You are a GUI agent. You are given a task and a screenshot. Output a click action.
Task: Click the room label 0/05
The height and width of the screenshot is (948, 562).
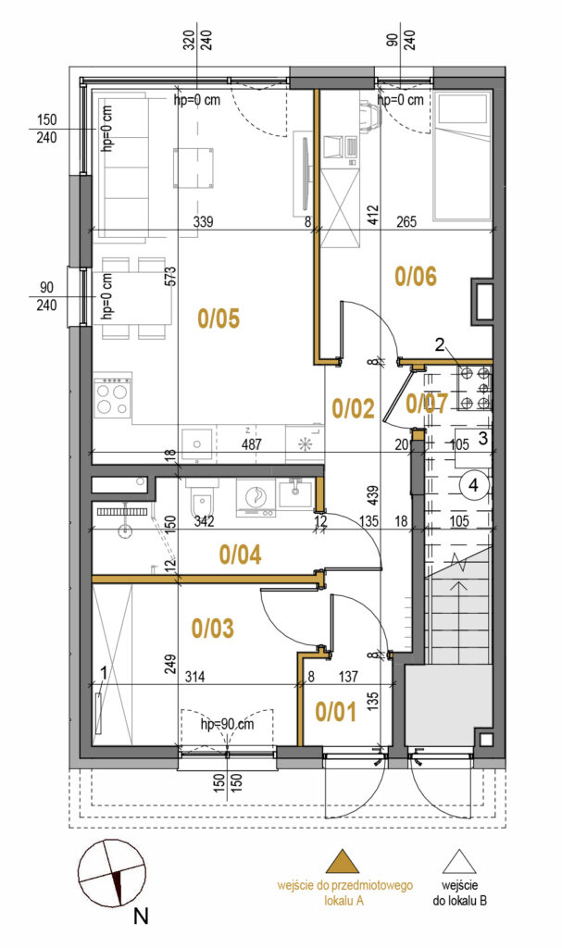click(219, 318)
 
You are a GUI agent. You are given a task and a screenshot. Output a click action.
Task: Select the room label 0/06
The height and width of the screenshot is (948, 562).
click(415, 277)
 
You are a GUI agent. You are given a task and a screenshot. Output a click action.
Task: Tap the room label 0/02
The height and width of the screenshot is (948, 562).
click(354, 409)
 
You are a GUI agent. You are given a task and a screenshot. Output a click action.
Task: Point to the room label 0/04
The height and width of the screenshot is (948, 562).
click(240, 554)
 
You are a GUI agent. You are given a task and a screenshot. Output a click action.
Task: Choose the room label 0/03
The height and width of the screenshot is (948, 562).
click(212, 629)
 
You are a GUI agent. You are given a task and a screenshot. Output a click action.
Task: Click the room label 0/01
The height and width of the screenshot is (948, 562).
click(336, 712)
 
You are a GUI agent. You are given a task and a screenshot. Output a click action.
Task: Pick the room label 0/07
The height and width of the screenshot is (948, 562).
click(427, 404)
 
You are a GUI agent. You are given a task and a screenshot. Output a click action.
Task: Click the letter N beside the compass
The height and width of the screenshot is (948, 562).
click(141, 917)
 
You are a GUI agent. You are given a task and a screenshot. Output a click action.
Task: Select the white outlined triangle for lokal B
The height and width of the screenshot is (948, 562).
click(459, 862)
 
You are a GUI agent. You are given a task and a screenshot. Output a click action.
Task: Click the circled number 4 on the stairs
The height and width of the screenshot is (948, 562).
click(474, 485)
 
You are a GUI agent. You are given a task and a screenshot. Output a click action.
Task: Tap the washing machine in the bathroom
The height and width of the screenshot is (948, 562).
click(256, 497)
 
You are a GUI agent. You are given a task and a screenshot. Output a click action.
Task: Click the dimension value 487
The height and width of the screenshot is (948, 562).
click(251, 444)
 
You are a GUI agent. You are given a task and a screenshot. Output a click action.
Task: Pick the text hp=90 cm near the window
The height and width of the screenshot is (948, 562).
click(227, 724)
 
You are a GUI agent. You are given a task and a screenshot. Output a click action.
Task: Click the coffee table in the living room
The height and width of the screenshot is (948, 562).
click(194, 168)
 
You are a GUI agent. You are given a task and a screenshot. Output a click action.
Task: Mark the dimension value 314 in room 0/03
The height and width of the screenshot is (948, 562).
click(194, 677)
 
